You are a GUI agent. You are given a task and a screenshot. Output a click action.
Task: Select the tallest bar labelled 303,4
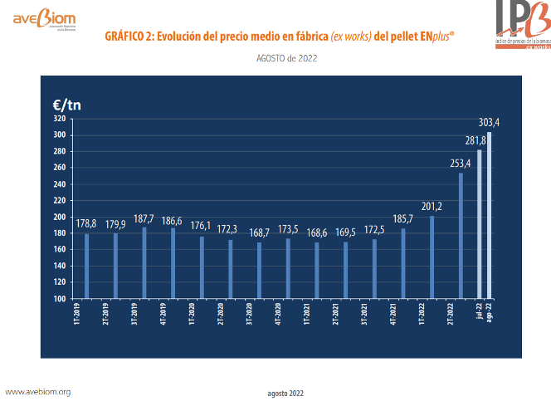[490, 215]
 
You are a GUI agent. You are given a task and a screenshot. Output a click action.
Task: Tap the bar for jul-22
[480, 224]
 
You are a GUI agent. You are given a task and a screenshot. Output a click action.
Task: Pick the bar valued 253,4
[461, 236]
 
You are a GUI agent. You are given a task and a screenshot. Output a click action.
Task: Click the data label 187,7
[144, 218]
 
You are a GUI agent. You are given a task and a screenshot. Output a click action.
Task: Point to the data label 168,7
[259, 233]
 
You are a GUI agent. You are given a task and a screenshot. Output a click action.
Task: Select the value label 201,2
[432, 206]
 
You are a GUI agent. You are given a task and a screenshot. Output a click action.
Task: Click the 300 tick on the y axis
[60, 135]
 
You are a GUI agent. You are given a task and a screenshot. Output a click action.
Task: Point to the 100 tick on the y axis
[60, 299]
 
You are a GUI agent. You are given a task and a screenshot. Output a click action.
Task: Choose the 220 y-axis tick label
[60, 201]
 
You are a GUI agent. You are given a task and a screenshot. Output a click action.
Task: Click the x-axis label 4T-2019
[163, 320]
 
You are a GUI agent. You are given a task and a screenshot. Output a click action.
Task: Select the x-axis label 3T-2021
[364, 320]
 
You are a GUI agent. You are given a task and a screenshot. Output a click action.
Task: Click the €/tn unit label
[66, 105]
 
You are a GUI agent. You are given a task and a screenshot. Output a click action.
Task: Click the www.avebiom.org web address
[38, 391]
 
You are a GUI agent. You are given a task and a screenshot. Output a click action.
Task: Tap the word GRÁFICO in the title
[130, 37]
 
